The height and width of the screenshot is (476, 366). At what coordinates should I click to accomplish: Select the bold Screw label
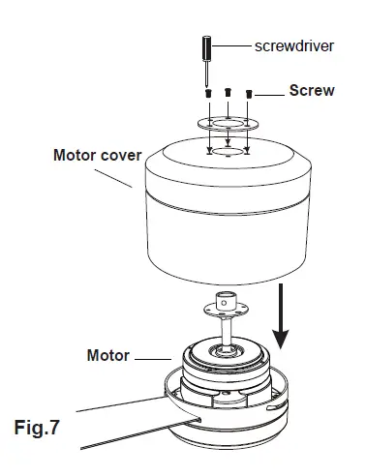(312, 91)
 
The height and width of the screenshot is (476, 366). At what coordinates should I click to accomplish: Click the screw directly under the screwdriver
(207, 93)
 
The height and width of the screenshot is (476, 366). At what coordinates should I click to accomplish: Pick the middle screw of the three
(228, 92)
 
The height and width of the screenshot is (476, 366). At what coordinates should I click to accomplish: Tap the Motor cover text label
(97, 154)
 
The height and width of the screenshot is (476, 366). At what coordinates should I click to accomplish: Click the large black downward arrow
(281, 318)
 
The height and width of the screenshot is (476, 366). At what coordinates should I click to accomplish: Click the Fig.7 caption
(45, 425)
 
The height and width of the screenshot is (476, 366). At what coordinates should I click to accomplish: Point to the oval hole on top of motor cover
(228, 153)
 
